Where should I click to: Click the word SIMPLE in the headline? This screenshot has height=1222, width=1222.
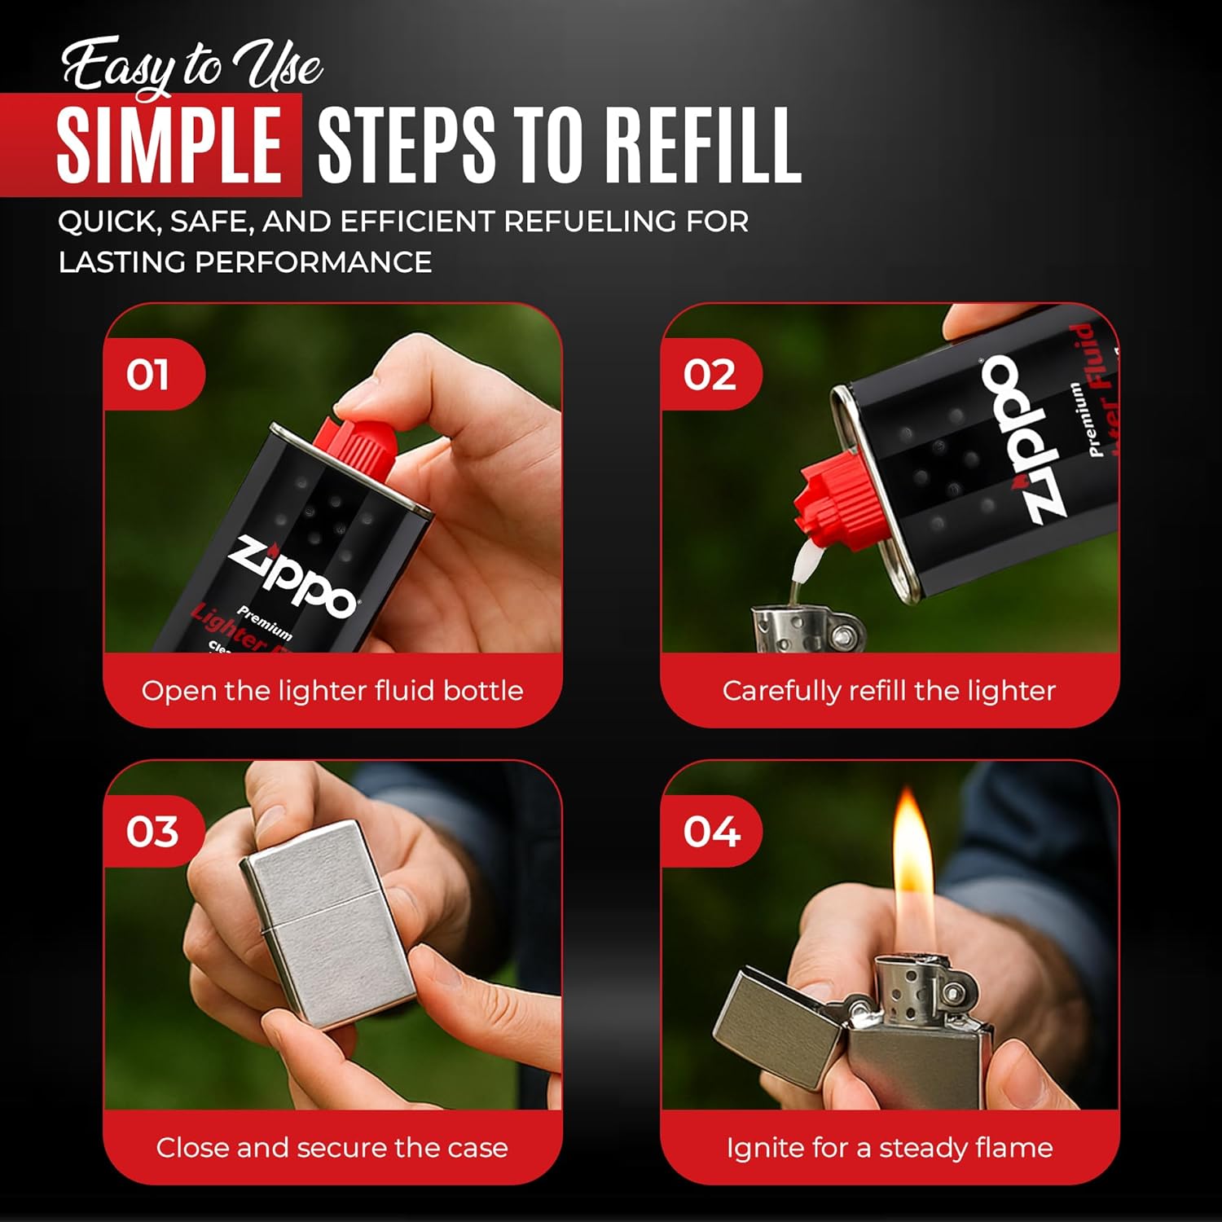pyautogui.click(x=169, y=145)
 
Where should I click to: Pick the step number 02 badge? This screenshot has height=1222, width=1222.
pyautogui.click(x=710, y=374)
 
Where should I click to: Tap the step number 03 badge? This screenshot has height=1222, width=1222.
pyautogui.click(x=152, y=831)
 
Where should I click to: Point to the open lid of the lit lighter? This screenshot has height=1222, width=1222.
pyautogui.click(x=774, y=1022)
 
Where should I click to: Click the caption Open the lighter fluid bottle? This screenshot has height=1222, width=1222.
pyautogui.click(x=332, y=691)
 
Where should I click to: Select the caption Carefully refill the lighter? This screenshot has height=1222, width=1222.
pyautogui.click(x=889, y=691)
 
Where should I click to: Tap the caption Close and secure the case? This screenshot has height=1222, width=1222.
pyautogui.click(x=332, y=1148)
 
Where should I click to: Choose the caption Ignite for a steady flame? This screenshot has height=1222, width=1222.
pyautogui.click(x=890, y=1148)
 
